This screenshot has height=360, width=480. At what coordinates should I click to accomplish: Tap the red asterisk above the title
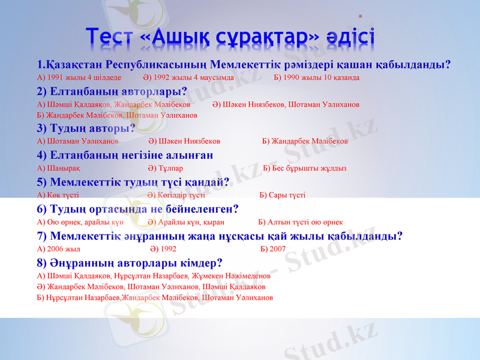[360, 18]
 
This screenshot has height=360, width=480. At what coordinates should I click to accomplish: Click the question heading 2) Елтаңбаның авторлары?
[112, 91]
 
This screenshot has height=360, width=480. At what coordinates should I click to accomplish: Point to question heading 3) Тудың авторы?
[86, 127]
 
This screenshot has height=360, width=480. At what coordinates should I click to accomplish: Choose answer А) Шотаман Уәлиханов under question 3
[77, 141]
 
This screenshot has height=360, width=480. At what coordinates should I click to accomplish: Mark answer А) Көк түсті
[58, 195]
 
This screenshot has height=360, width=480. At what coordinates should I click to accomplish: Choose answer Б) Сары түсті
[282, 195]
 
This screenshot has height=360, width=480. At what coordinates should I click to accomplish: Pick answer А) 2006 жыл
[59, 248]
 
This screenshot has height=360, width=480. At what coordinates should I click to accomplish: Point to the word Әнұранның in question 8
[85, 262]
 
